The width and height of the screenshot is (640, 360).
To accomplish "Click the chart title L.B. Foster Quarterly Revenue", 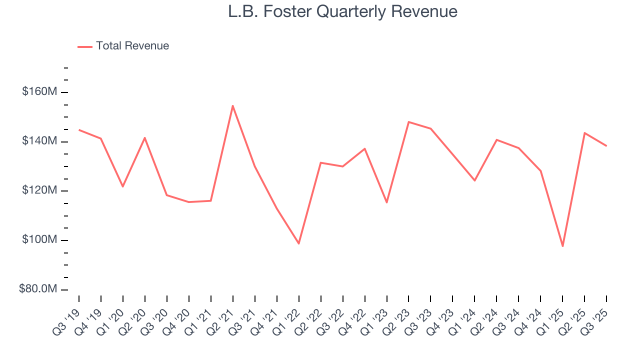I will point(342,11).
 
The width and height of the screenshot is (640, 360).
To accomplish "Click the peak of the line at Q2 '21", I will point(232,105).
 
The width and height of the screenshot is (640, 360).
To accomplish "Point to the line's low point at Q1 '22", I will point(298,243).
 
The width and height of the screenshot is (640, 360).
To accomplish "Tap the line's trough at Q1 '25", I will point(562,246).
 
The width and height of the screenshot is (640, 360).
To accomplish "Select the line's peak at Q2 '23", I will point(408,122).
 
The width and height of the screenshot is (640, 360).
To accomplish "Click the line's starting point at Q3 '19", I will point(79,130).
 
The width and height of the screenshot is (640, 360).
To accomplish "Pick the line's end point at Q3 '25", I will point(606,146).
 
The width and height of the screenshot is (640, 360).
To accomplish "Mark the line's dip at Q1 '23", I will point(386,202).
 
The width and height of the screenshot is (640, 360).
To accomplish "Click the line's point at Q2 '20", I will point(144,137).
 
